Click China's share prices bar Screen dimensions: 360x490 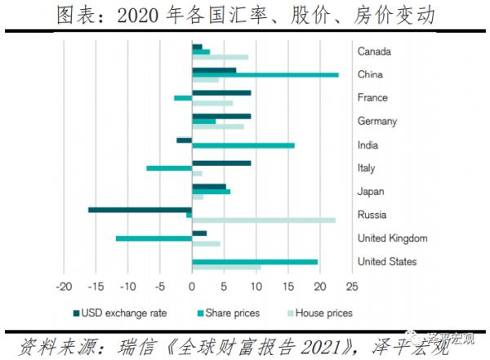265,74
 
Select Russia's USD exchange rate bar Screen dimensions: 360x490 140,210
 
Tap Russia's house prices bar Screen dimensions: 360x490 263,220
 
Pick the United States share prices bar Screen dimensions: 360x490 255,261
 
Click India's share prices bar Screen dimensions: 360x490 243,145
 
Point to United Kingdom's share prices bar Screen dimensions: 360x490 154,238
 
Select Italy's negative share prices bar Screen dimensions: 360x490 169,168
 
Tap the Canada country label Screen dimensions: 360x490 374,51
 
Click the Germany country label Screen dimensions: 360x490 377,122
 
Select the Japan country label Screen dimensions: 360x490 371,192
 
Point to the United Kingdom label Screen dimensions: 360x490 394,238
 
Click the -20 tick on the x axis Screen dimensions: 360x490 63,287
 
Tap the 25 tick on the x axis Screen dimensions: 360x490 352,287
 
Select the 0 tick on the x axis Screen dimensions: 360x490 192,287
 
